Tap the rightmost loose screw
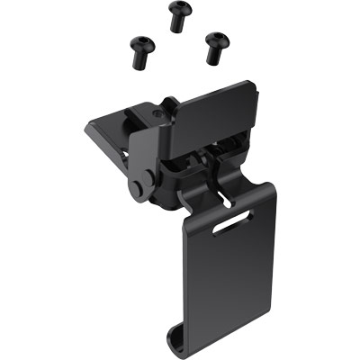coord(216,48)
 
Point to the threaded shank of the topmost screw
coord(176,24)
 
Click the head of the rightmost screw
coord(216,40)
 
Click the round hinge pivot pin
coord(138,188)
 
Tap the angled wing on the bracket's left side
coord(106,135)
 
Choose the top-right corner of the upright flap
coord(253,85)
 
